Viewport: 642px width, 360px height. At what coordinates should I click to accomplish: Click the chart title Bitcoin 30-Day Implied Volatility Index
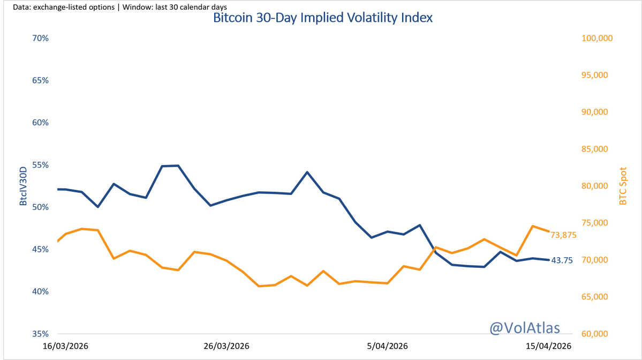(x=322, y=18)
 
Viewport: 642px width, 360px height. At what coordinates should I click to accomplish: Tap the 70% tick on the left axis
(x=40, y=39)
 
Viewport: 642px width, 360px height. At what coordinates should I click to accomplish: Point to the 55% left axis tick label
(x=40, y=165)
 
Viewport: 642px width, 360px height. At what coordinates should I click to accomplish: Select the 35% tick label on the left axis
(x=40, y=334)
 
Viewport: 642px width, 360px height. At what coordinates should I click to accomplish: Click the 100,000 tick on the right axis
(x=597, y=39)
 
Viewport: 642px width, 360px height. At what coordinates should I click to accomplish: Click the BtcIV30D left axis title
(x=23, y=186)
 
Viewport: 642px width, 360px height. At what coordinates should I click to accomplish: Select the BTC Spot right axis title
(x=623, y=186)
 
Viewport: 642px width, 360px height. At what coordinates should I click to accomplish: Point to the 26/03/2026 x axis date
(x=227, y=347)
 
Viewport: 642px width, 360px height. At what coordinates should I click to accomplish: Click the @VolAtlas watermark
(x=524, y=328)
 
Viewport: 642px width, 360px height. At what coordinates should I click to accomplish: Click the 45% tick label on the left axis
(x=40, y=249)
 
